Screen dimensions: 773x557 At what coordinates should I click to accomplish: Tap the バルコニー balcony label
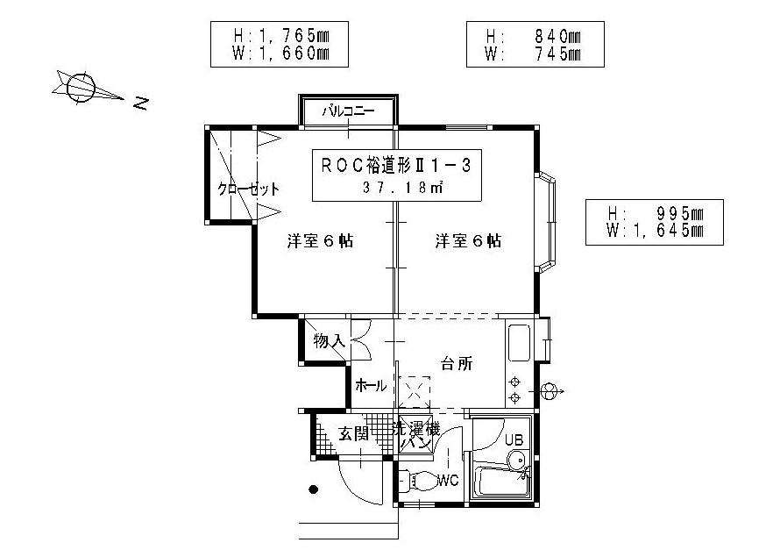pyautogui.click(x=348, y=111)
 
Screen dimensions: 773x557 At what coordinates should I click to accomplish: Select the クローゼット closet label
pyautogui.click(x=249, y=189)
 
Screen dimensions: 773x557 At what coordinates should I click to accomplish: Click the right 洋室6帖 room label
pyautogui.click(x=468, y=241)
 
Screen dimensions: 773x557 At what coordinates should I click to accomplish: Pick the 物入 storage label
pyautogui.click(x=328, y=340)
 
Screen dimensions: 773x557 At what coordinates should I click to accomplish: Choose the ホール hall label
pyautogui.click(x=372, y=385)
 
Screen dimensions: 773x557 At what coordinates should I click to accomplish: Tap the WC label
pyautogui.click(x=449, y=480)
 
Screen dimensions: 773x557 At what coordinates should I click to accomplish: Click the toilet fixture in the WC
pyautogui.click(x=419, y=481)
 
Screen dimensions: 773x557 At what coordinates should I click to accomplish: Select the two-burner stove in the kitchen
pyautogui.click(x=515, y=389)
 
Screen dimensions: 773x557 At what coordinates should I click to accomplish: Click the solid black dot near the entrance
pyautogui.click(x=313, y=489)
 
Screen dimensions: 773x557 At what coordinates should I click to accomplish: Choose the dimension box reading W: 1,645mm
pyautogui.click(x=656, y=222)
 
